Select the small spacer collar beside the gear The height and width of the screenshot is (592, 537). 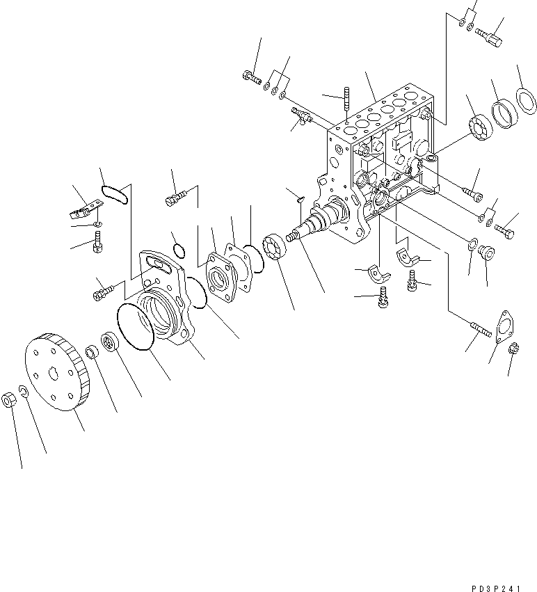[92, 350]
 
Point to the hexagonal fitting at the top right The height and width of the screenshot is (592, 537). [493, 34]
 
